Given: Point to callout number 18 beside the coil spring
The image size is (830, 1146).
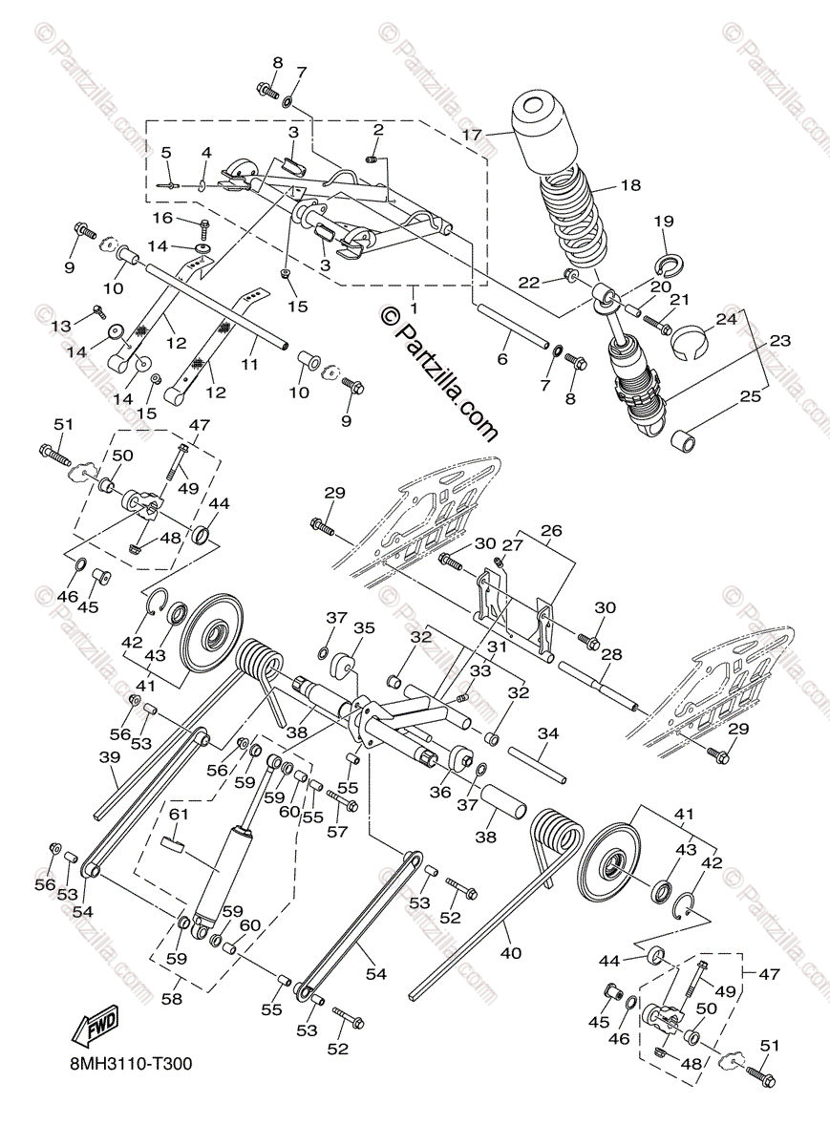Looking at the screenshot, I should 630,184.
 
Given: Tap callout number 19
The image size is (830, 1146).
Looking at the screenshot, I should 664,222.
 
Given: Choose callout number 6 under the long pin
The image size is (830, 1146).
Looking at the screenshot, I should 502,360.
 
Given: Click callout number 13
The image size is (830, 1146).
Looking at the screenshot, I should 60,326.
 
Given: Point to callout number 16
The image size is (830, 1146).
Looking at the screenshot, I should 161,219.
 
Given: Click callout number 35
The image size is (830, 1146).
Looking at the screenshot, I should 364,628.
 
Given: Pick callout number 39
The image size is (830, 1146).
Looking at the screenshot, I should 109,757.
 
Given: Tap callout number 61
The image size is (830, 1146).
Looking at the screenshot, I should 180,814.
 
